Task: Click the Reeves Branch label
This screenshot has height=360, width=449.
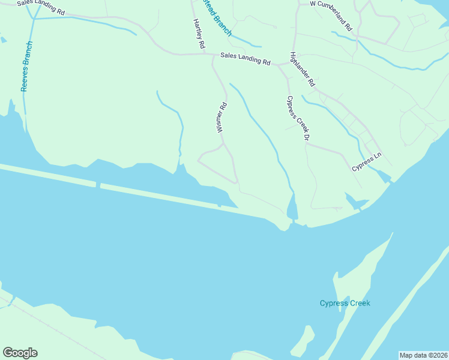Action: click(x=26, y=66)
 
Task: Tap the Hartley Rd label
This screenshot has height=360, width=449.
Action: click(x=199, y=34)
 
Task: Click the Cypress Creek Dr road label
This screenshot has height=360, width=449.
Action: click(x=298, y=118)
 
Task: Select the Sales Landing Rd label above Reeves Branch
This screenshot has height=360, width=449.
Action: click(x=40, y=7)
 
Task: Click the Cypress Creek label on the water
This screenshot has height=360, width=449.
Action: click(x=345, y=303)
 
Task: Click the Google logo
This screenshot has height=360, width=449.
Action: click(x=20, y=353)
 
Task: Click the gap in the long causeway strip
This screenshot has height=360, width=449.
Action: click(x=98, y=185)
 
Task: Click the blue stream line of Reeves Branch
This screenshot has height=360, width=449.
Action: click(x=25, y=96)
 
